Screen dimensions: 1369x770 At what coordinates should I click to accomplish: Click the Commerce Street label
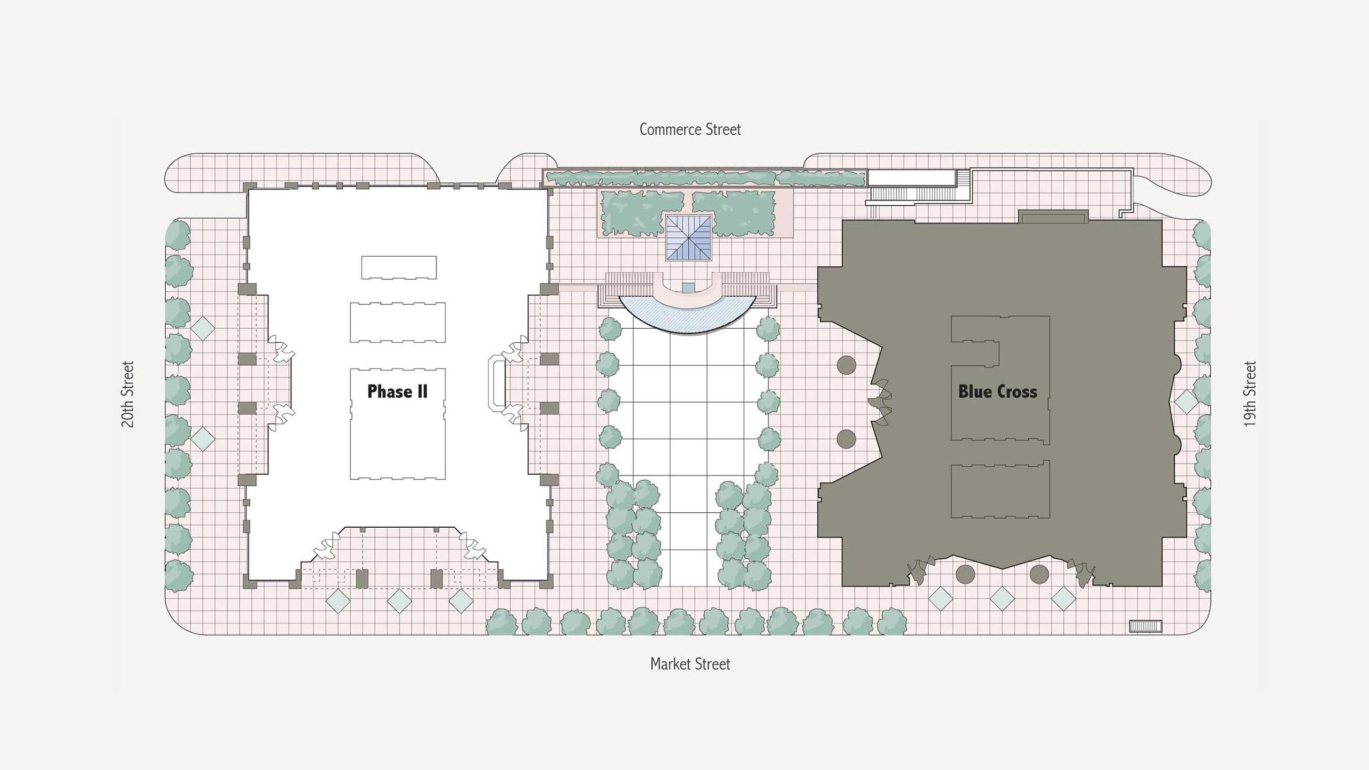pos(690,129)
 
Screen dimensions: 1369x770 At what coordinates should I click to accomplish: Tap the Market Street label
pos(690,664)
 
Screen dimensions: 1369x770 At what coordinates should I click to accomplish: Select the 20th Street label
pos(127,395)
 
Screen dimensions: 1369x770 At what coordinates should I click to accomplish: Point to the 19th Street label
pos(1249,394)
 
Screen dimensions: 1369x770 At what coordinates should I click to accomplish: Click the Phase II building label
pos(397,391)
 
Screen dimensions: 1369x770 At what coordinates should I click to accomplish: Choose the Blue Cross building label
pos(997,391)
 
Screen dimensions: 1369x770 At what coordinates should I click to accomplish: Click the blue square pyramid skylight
pos(689,237)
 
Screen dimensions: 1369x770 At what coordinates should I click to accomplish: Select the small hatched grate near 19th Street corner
pos(1145,626)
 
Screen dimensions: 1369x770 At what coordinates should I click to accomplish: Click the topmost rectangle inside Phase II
pos(399,267)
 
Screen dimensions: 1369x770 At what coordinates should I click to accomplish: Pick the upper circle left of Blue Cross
pos(846,366)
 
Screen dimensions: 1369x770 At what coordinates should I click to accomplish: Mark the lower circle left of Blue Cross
pos(846,439)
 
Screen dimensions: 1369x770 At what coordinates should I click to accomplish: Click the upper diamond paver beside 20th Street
pos(203,328)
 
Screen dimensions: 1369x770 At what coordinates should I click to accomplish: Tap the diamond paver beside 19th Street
pos(1186,402)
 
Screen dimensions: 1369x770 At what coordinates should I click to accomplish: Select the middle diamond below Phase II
pos(399,600)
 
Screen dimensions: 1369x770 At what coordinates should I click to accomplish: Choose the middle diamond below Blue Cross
pos(1002,598)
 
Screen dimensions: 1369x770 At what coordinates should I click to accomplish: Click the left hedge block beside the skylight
pos(642,213)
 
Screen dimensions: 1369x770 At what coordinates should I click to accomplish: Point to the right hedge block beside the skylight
pos(733,213)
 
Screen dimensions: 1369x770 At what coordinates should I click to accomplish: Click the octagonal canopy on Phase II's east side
pos(497,384)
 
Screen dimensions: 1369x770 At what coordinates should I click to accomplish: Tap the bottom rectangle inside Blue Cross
pos(1000,489)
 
